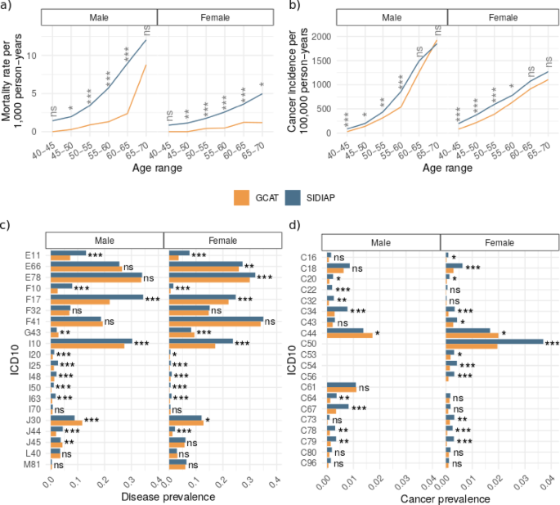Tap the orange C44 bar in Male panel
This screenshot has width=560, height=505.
point(349,334)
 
